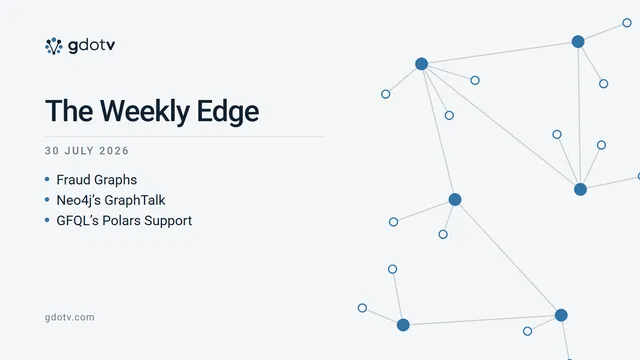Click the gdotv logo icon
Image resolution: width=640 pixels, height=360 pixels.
[x=53, y=46]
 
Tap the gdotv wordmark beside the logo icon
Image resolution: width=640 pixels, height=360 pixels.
[x=92, y=46]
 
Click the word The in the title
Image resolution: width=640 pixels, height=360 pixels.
[x=69, y=111]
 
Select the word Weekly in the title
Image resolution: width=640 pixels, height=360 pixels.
[x=144, y=111]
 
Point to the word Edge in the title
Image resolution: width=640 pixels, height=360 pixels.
[x=228, y=111]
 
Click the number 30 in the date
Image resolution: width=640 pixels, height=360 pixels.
[x=52, y=151]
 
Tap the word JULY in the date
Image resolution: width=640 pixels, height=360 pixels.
[x=79, y=151]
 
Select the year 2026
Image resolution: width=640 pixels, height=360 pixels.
[x=114, y=151]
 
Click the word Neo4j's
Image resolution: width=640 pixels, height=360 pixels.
[x=79, y=200]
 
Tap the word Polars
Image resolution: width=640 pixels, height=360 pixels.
[x=121, y=221]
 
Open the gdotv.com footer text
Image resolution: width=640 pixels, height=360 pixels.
[x=70, y=318]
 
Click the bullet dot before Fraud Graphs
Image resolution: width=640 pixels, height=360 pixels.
[x=47, y=179]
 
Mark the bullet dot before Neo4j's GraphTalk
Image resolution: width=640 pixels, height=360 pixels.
[x=47, y=200]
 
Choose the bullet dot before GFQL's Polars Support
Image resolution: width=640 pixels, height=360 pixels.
[x=47, y=220]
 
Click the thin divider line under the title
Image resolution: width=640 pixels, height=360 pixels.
[x=184, y=137]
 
